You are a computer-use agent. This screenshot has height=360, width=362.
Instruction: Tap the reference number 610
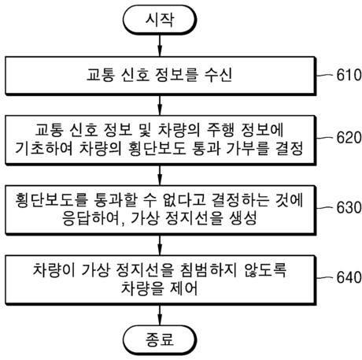click(x=345, y=78)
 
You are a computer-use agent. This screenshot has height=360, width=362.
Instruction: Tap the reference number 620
click(x=345, y=138)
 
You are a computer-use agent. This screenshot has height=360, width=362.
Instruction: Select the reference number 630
click(x=345, y=202)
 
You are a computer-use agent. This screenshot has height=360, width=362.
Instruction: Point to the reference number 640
click(x=345, y=277)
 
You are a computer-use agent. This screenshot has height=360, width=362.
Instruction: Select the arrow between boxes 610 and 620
click(x=160, y=104)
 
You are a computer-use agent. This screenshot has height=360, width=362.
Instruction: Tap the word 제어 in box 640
click(x=183, y=289)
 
